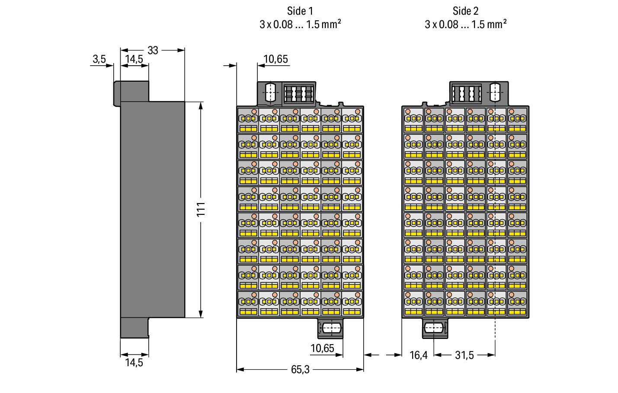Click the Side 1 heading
(300, 11)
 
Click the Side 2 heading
(465, 11)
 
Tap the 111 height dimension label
(201, 210)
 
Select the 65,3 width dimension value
(300, 370)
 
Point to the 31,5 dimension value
(464, 355)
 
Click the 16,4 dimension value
(419, 355)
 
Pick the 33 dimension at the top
(153, 51)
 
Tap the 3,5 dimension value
(99, 59)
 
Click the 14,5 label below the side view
(134, 363)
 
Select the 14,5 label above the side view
(134, 59)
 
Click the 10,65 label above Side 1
(275, 59)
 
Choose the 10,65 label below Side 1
(323, 348)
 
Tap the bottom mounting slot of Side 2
(434, 328)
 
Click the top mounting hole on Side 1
(270, 93)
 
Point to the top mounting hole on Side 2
(495, 93)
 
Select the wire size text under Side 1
(300, 24)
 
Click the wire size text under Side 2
(465, 24)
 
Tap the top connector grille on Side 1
(299, 94)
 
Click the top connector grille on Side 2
(466, 94)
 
